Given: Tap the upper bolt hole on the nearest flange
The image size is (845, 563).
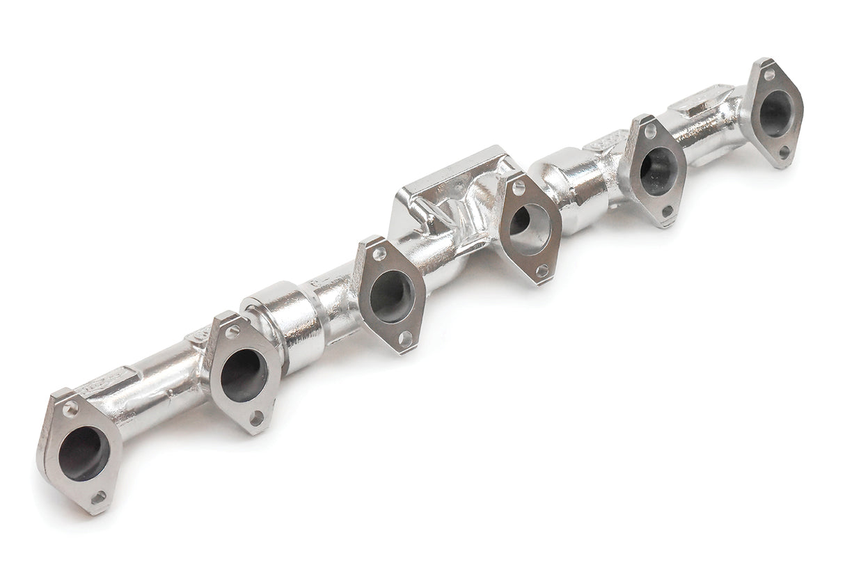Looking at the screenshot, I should click(x=70, y=409).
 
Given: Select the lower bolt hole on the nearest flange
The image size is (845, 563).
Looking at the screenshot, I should click(x=98, y=497).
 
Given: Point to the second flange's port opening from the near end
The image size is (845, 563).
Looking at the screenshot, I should click(x=244, y=375).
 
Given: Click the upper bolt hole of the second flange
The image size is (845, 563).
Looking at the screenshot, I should click(x=232, y=332).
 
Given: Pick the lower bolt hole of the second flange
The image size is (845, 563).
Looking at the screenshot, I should click(x=257, y=418).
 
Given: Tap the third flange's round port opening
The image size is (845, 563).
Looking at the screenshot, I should click(x=391, y=296).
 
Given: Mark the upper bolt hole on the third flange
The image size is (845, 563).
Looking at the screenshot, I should click(x=379, y=254).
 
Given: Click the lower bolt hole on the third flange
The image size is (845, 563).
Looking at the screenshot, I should click(x=404, y=338).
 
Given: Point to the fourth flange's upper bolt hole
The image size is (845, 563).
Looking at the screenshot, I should click(x=518, y=187).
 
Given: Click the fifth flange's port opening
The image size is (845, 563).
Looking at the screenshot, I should click(x=658, y=171).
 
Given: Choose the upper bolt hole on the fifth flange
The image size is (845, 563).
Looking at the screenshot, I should click(x=650, y=131).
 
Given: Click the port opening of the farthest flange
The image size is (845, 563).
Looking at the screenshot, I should click(x=775, y=113).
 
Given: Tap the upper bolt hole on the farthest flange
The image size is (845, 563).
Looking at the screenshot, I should click(x=768, y=74).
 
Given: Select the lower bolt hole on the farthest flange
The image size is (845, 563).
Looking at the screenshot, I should click(x=784, y=152).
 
